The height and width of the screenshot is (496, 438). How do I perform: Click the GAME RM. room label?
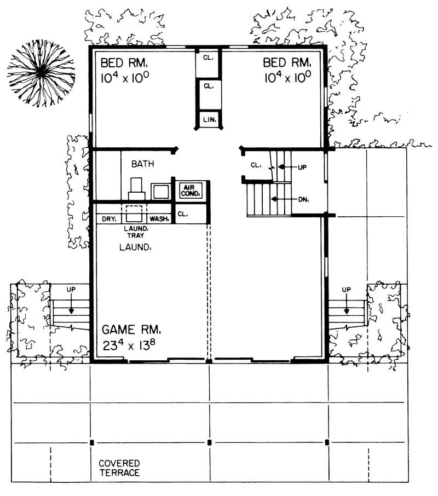(x=131, y=331)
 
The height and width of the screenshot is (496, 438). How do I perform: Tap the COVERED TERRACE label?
(x=119, y=468)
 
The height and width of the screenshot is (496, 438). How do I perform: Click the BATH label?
(x=142, y=163)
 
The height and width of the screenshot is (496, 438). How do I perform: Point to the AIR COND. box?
(x=191, y=190)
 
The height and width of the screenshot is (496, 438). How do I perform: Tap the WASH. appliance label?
(x=159, y=219)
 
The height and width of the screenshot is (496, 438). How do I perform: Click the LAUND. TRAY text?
(x=134, y=232)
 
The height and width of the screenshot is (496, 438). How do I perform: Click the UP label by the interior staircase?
(x=302, y=168)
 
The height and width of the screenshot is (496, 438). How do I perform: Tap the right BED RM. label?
(x=287, y=61)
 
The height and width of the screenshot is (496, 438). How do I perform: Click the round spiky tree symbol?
(x=41, y=71)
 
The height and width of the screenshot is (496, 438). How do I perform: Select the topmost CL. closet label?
(x=209, y=58)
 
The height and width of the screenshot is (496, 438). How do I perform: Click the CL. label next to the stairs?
(x=255, y=165)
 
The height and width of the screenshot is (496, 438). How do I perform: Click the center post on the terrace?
(x=209, y=442)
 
